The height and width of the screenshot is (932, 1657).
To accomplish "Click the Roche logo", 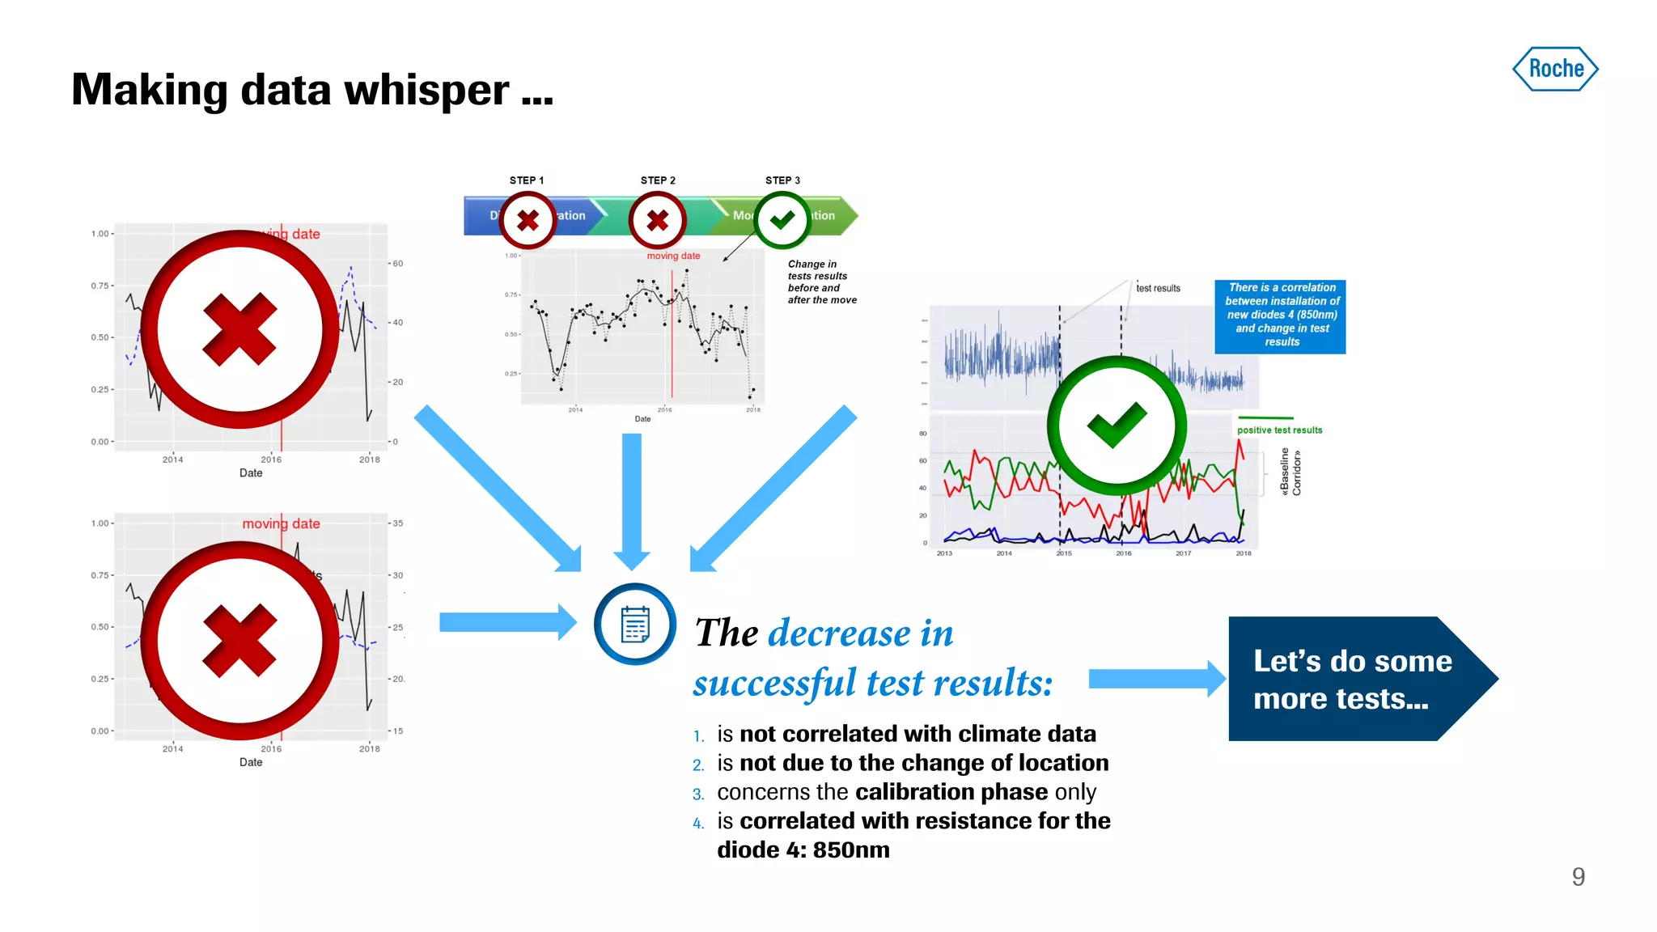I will pos(1555,69).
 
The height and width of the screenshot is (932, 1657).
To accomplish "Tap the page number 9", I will pos(1578,877).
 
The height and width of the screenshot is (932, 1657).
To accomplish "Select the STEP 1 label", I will pos(527,180).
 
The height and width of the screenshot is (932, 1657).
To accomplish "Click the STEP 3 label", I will pos(782,180).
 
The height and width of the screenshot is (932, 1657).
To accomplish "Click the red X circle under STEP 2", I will pos(658,220).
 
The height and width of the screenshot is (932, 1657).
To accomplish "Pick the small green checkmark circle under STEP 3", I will pos(782,220).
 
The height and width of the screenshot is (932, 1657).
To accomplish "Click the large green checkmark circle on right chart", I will pos(1117,426).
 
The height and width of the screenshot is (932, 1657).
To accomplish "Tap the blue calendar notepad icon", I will pos(635,624).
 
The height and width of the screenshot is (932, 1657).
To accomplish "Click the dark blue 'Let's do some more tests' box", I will pos(1351,680).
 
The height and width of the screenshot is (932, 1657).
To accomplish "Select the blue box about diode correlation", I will pos(1281,316).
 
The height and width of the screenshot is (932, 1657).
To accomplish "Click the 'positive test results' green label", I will pos(1279,430).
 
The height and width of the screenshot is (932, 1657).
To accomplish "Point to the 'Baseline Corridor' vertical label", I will pos(1290,472).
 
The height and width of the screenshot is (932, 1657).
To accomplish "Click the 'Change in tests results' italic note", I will pos(821,282).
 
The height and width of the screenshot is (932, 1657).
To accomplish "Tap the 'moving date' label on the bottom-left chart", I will pos(281,523).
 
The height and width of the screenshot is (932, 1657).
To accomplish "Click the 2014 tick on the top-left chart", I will pos(172,460).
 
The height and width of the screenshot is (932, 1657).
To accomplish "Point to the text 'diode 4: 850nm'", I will pos(803,849).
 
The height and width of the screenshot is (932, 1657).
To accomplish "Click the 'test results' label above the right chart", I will pos(1158,288).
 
